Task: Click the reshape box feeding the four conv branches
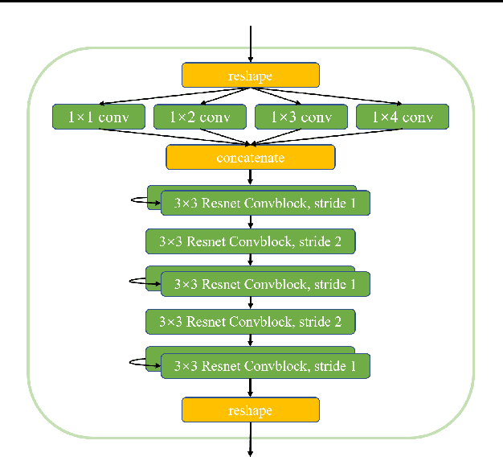251,76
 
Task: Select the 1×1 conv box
98,117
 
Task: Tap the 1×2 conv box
199,117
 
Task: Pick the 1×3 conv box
301,117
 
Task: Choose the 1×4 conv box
402,117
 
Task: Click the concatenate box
251,157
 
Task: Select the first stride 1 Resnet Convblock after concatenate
264,203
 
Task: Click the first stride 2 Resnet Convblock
251,241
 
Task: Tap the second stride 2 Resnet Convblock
251,322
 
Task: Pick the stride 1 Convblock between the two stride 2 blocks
264,283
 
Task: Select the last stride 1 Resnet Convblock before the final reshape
264,365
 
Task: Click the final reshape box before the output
251,410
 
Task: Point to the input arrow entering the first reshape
251,44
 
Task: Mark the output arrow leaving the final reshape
251,438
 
